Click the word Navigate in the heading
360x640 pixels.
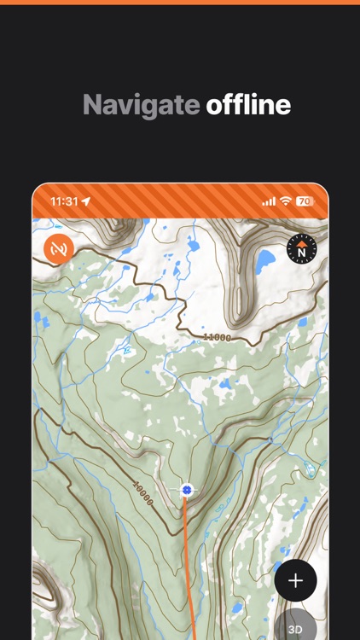pyautogui.click(x=141, y=105)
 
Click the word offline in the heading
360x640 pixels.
pyautogui.click(x=248, y=105)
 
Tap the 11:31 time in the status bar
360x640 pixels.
pyautogui.click(x=64, y=202)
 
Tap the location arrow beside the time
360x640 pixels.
pyautogui.click(x=85, y=202)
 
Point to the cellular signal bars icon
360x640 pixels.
pyautogui.click(x=269, y=202)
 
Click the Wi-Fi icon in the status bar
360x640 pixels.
pyautogui.click(x=286, y=202)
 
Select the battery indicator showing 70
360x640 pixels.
pyautogui.click(x=305, y=202)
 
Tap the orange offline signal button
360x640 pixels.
pyautogui.click(x=59, y=249)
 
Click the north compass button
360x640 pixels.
pyautogui.click(x=302, y=248)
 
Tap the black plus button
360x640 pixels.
pyautogui.click(x=295, y=581)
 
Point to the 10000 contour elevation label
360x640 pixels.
pyautogui.click(x=142, y=493)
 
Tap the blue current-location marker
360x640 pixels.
pyautogui.click(x=187, y=490)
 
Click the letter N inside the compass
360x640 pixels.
pyautogui.click(x=302, y=253)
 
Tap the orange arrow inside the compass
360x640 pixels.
pyautogui.click(x=302, y=243)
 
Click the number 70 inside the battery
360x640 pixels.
pyautogui.click(x=304, y=202)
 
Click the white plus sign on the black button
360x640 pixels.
pyautogui.click(x=295, y=581)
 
